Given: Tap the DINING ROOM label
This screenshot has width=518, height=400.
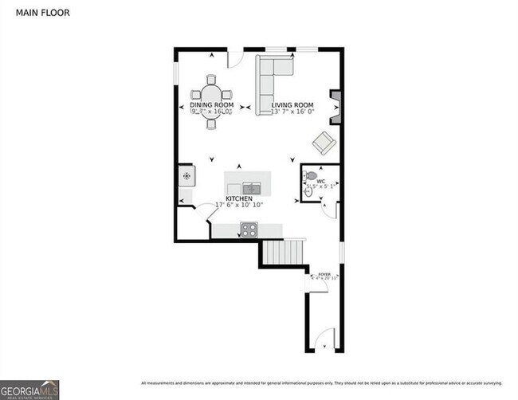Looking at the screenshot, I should pos(211,105).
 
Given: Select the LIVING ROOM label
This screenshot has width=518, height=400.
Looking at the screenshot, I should pos(292,105).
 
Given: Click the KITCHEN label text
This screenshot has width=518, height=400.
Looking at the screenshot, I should pos(239,198).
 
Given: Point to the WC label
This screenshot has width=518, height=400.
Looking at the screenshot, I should pos(320,182).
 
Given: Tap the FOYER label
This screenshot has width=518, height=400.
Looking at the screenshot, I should pos(324,273).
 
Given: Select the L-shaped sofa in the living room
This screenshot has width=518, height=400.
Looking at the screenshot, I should pos(271,80).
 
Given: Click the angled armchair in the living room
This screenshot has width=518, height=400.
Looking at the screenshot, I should pos(324,143).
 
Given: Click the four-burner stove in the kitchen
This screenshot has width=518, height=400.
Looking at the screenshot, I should pos(248,229).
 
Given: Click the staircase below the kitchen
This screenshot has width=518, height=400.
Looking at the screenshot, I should pos(284,253).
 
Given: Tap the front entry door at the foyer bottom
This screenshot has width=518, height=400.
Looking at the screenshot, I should pos(324,343).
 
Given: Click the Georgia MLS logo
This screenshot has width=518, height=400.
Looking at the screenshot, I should pos(30,388).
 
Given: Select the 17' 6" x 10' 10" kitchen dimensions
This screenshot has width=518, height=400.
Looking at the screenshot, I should pos(239,206).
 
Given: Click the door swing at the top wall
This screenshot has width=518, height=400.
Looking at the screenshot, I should pos(235,57).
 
